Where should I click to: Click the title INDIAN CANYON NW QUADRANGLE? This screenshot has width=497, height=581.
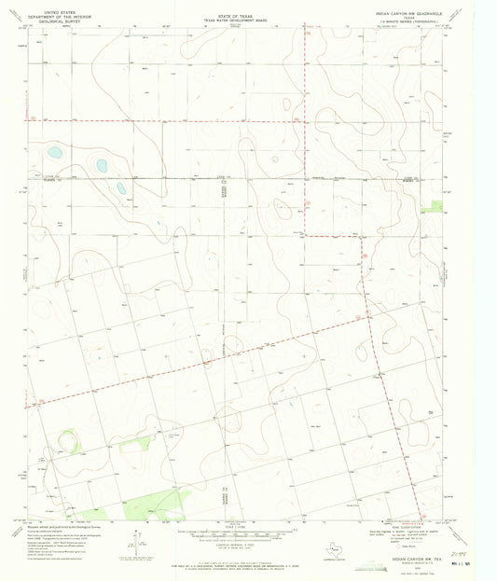click(411, 14)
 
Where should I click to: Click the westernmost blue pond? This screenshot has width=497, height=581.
click(54, 151)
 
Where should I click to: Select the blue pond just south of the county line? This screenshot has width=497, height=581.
click(120, 188)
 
